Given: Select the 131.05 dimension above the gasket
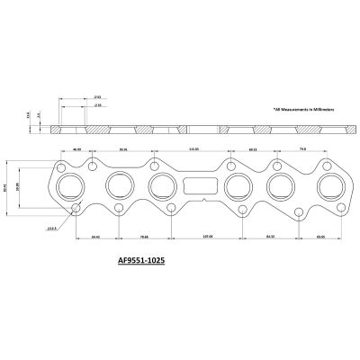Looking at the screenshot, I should [193, 149].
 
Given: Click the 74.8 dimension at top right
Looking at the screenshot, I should [302, 149].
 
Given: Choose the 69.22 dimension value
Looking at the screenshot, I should [253, 149].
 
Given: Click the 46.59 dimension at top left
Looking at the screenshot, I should [77, 149].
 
